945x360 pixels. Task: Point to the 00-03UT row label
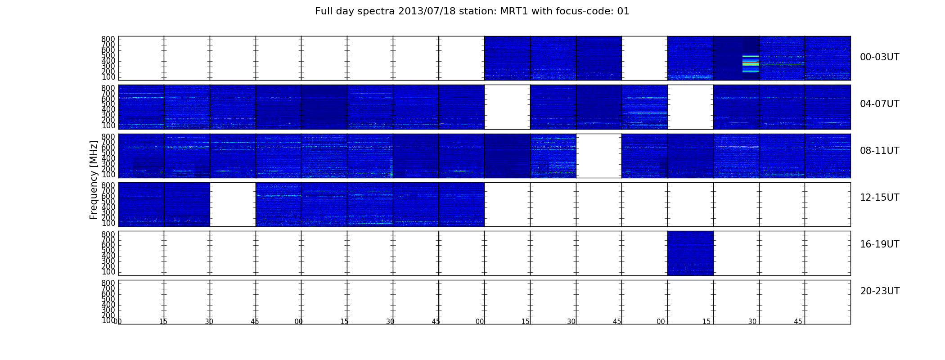(879, 57)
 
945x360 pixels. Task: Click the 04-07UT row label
(879, 104)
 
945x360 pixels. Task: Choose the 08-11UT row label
(879, 151)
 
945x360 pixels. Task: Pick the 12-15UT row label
(879, 198)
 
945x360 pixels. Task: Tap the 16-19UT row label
(879, 244)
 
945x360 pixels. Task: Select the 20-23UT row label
(880, 291)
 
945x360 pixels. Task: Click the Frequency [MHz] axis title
(94, 180)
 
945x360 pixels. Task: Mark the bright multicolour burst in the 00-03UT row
(750, 63)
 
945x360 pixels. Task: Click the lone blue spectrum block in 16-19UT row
(690, 253)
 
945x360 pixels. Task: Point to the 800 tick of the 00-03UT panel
(108, 39)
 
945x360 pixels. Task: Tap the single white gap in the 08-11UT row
(598, 156)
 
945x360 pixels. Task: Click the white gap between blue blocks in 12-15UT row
(233, 204)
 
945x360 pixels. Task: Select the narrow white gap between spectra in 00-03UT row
(644, 58)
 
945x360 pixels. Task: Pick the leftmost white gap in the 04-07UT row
(507, 107)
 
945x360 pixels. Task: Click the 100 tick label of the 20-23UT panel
(108, 320)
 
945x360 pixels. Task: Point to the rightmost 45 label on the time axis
(798, 322)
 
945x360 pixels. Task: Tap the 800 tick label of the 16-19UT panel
(108, 234)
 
